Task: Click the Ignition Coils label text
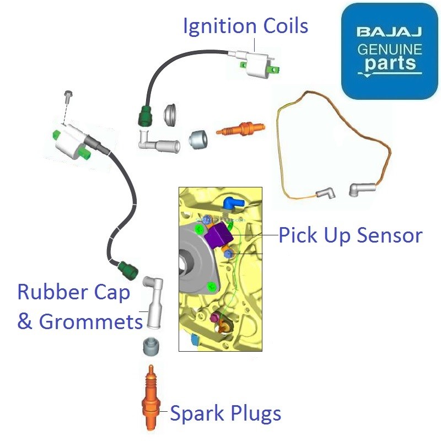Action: click(245, 26)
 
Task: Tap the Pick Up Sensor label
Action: click(351, 235)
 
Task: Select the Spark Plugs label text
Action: click(225, 413)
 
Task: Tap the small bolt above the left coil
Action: click(68, 96)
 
